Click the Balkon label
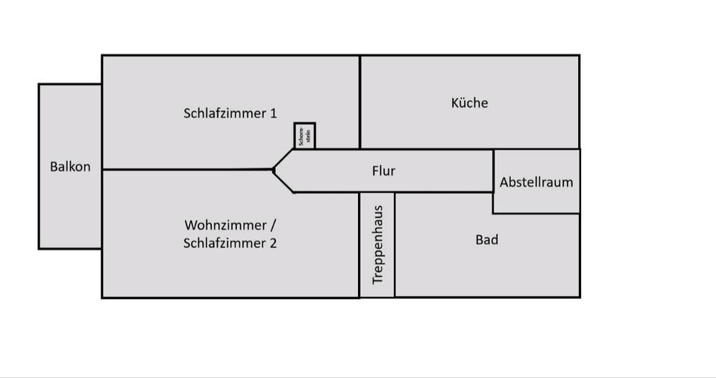(x=70, y=166)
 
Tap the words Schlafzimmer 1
(x=230, y=113)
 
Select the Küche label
(x=470, y=103)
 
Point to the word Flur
(x=383, y=171)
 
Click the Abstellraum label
(x=536, y=182)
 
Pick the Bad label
(x=486, y=240)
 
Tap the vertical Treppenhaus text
(x=377, y=245)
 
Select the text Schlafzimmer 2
(x=230, y=243)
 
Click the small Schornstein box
(x=304, y=136)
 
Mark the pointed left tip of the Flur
(x=274, y=170)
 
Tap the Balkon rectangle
(x=70, y=209)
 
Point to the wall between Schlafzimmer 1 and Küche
(x=360, y=101)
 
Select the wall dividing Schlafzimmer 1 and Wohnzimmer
(x=186, y=169)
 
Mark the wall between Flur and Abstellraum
(x=493, y=171)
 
